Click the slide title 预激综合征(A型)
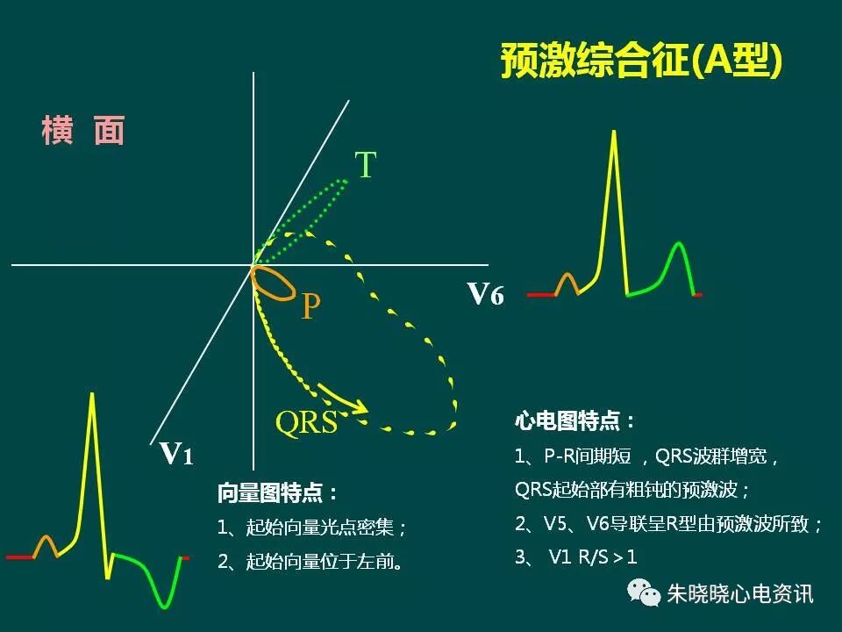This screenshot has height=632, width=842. click(x=641, y=62)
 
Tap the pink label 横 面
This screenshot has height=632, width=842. click(x=83, y=131)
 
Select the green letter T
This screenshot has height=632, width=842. click(x=365, y=165)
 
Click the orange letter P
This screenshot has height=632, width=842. click(x=310, y=307)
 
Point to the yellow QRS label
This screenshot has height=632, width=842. click(x=306, y=422)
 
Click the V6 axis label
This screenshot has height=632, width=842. click(x=485, y=294)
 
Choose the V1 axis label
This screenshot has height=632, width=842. click(x=176, y=453)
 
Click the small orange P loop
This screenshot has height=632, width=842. click(x=273, y=284)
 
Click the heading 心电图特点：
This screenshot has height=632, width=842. click(x=574, y=421)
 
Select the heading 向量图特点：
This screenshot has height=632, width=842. click(x=278, y=493)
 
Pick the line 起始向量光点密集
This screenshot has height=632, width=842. click(x=313, y=528)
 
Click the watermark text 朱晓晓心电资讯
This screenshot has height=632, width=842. click(x=740, y=594)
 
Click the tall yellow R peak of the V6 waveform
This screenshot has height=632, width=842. click(x=614, y=136)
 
